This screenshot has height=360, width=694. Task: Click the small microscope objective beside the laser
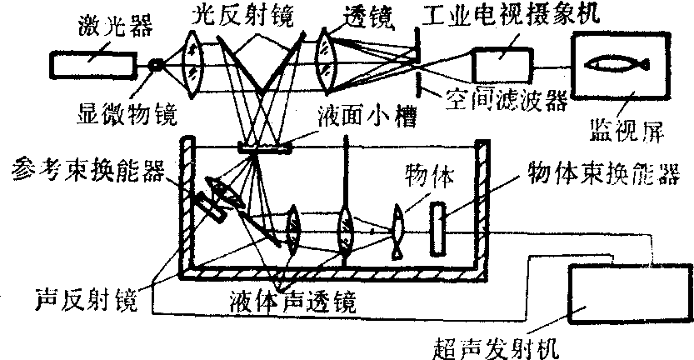[x=156, y=63]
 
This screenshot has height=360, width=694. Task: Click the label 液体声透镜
[x=280, y=299]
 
